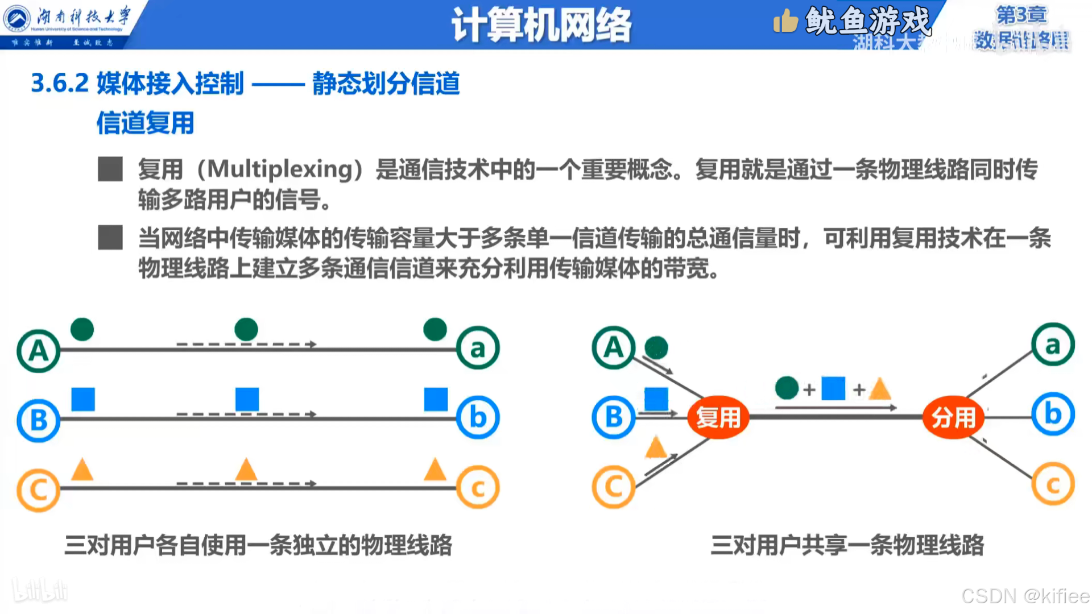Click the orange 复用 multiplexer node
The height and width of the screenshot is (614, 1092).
(x=718, y=418)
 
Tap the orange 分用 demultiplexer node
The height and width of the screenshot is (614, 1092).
(x=953, y=418)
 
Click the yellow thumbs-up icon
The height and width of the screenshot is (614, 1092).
(x=785, y=22)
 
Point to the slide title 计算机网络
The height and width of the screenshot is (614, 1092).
(x=541, y=26)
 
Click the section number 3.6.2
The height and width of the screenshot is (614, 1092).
(x=60, y=84)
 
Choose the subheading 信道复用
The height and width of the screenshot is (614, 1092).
(x=146, y=123)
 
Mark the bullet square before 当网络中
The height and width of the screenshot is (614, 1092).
(x=110, y=238)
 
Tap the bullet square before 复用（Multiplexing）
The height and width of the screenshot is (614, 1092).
(x=110, y=169)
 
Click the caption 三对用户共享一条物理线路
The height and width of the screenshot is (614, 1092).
(x=847, y=545)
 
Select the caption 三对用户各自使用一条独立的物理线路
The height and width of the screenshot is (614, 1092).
(x=258, y=545)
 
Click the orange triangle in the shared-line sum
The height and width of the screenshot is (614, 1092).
(x=880, y=389)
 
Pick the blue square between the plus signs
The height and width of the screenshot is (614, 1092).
(x=833, y=388)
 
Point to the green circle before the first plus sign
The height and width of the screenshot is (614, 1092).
(x=787, y=388)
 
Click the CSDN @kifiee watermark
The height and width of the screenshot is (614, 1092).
(x=1025, y=596)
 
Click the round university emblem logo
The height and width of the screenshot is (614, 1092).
(x=16, y=18)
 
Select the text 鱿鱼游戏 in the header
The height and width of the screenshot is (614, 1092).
(x=868, y=22)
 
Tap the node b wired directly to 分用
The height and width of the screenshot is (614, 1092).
(x=1053, y=414)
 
